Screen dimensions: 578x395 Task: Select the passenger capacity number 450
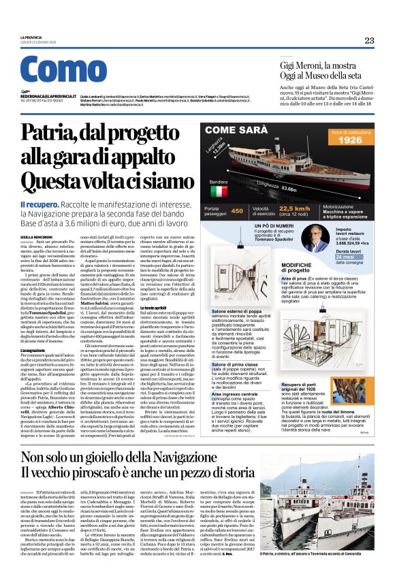coord(236,211)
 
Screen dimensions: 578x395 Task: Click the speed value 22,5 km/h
coord(294,208)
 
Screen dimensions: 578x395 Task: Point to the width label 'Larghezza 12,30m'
coord(232,151)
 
